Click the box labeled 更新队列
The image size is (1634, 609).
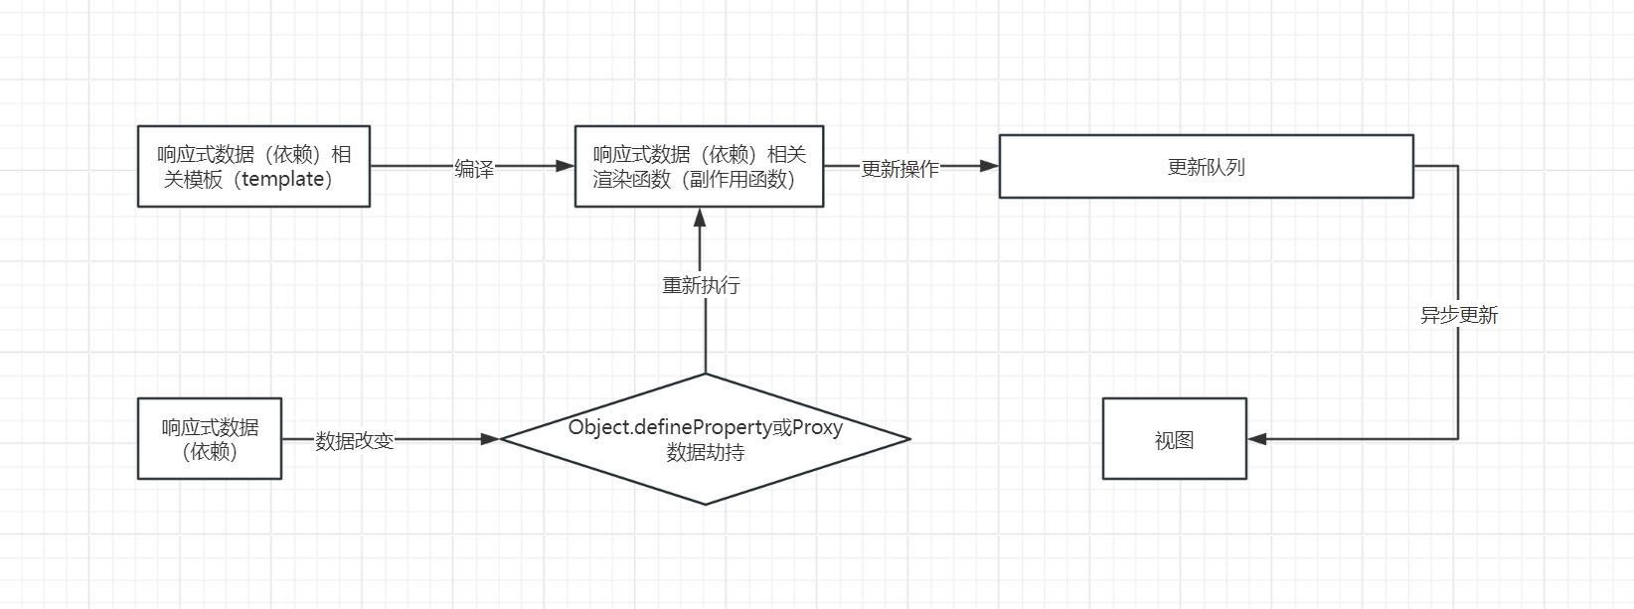point(1206,167)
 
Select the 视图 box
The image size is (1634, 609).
point(1174,439)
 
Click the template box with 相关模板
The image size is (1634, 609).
point(253,166)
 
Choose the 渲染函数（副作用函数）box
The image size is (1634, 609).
point(699,166)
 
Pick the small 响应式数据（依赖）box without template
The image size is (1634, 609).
point(210,439)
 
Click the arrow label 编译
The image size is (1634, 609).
point(474,169)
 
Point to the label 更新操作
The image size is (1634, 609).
point(899,169)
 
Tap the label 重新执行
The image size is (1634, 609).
point(701,285)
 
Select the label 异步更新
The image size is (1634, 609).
point(1458,315)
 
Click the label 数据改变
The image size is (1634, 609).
point(355,440)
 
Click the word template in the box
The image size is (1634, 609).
point(283,180)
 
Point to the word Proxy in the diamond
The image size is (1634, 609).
point(817,427)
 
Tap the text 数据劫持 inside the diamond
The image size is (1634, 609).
point(705,453)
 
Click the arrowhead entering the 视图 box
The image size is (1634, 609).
point(1256,438)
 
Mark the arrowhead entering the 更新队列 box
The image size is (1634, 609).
point(989,166)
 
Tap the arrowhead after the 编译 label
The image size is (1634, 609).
point(566,166)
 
